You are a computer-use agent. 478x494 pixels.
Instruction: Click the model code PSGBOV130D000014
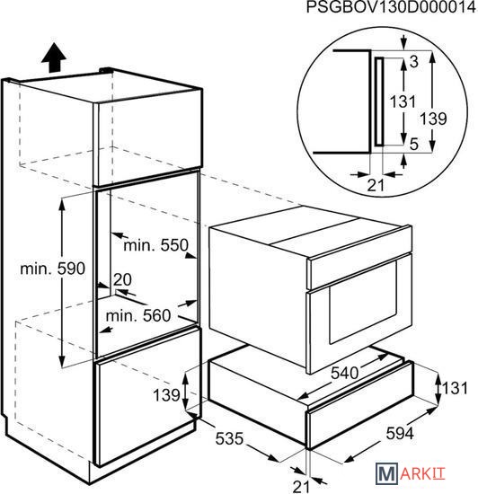(391, 7)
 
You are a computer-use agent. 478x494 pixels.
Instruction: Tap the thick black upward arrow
(54, 58)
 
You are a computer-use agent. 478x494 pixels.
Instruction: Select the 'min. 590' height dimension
(52, 269)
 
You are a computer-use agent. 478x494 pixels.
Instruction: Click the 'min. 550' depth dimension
(156, 245)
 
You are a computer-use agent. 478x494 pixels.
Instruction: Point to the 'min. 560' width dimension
(138, 315)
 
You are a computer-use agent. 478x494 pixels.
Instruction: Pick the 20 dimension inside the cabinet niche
(122, 279)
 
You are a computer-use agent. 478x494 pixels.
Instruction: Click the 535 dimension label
(229, 438)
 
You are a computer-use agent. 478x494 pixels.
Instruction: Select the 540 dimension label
(344, 374)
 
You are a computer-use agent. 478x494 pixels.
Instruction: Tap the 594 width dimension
(400, 433)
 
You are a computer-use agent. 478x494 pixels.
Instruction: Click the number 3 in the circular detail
(413, 62)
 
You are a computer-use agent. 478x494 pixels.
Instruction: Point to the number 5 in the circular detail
(413, 145)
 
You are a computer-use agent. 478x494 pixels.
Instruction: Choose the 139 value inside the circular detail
(433, 119)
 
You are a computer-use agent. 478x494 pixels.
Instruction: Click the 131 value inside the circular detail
(403, 101)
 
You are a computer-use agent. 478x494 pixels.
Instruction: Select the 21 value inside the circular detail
(376, 185)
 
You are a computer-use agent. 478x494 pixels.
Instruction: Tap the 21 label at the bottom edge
(301, 487)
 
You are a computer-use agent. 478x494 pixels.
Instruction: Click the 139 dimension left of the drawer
(166, 395)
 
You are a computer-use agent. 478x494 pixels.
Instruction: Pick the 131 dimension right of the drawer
(455, 388)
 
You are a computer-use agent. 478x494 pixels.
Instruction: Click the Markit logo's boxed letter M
(386, 473)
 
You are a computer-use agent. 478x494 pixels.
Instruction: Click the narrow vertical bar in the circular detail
(379, 102)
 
